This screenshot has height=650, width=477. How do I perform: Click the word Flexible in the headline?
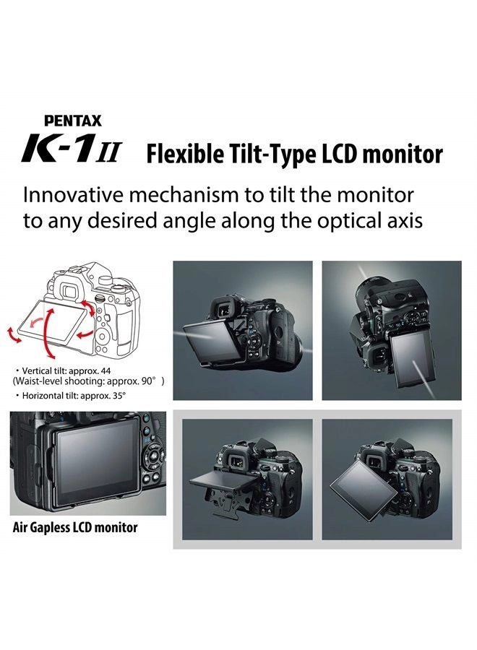click(178, 154)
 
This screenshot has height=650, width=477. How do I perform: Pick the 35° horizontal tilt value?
click(118, 395)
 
